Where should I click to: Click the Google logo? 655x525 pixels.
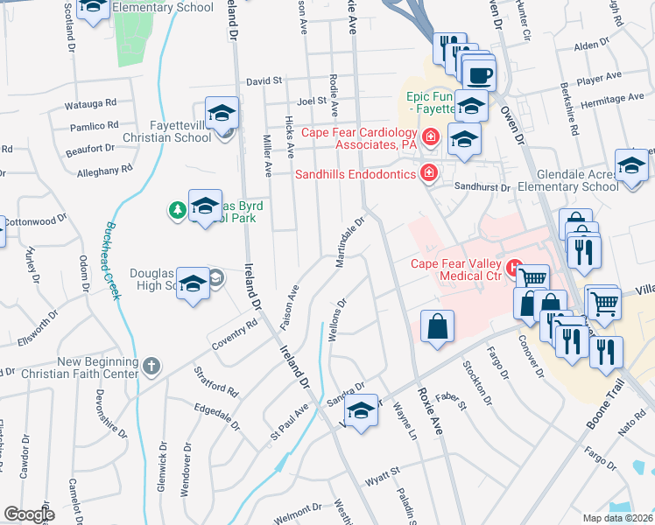29,514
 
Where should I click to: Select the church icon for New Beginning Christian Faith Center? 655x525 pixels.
152,365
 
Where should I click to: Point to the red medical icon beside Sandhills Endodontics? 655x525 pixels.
428,172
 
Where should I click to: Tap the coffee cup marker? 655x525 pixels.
478,74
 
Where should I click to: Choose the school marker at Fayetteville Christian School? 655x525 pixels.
222,114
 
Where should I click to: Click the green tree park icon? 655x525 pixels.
177,210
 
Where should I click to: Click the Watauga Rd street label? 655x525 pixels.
91,104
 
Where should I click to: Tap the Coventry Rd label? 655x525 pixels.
238,331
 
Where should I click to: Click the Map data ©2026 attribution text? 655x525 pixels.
618,518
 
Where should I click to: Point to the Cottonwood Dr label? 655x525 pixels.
34,221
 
